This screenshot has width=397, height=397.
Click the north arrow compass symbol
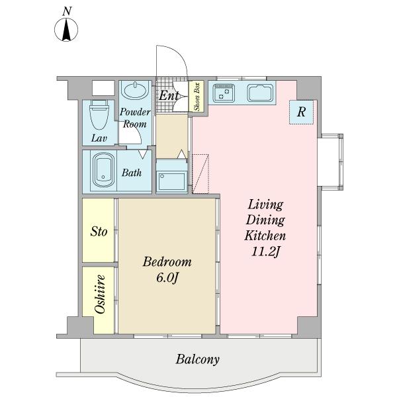(x=66, y=30)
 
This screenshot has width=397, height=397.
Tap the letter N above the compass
(x=67, y=11)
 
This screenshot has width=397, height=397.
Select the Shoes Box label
(x=197, y=97)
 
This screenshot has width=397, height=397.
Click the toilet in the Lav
(x=99, y=114)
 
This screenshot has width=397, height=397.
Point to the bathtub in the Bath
(x=104, y=170)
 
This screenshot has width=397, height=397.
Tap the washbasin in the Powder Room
(x=135, y=90)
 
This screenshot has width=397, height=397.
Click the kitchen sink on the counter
(x=261, y=93)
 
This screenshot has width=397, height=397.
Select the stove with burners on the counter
(x=224, y=93)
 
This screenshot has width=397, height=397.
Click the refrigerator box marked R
(x=301, y=112)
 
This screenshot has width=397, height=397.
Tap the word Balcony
(x=197, y=359)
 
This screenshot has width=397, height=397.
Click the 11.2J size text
(x=265, y=251)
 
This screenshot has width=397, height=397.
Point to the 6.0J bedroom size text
(x=167, y=278)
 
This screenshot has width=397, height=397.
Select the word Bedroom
(x=167, y=262)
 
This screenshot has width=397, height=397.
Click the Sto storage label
(x=99, y=232)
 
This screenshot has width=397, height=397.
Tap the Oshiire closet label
(x=100, y=294)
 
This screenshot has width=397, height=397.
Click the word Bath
(x=132, y=173)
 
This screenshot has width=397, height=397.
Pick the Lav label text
(x=99, y=138)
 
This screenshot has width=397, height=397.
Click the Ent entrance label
(x=169, y=96)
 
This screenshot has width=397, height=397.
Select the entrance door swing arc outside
(x=180, y=53)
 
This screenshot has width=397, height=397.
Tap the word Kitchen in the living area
(x=265, y=236)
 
